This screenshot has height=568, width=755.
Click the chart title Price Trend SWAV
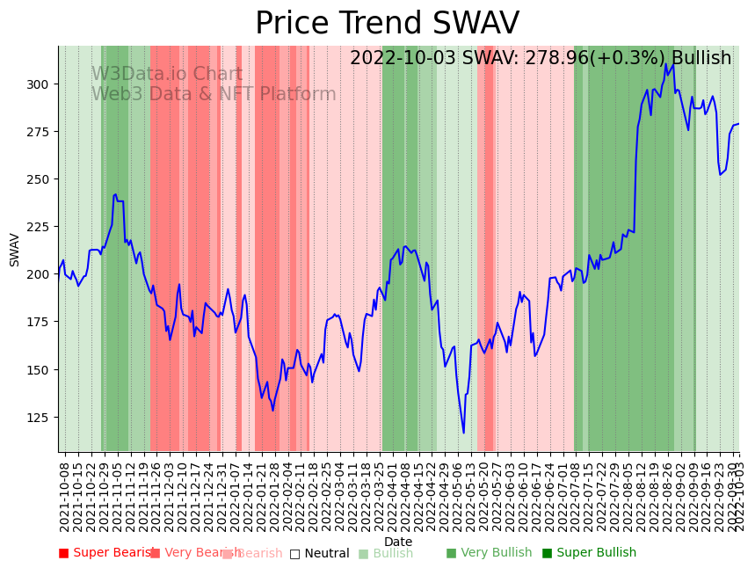coord(387,24)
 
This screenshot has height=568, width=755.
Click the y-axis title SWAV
coord(15,250)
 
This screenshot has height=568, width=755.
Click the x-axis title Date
coord(398,542)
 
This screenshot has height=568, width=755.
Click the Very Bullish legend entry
coord(489,553)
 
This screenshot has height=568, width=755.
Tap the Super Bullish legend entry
coord(589,553)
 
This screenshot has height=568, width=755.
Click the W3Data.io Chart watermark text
coord(167,75)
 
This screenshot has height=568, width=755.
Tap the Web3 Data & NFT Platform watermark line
coord(214,94)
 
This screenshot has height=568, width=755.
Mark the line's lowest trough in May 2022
coord(464,433)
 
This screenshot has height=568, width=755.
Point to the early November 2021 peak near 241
coord(115,194)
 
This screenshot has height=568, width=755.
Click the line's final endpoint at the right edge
coord(738,124)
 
